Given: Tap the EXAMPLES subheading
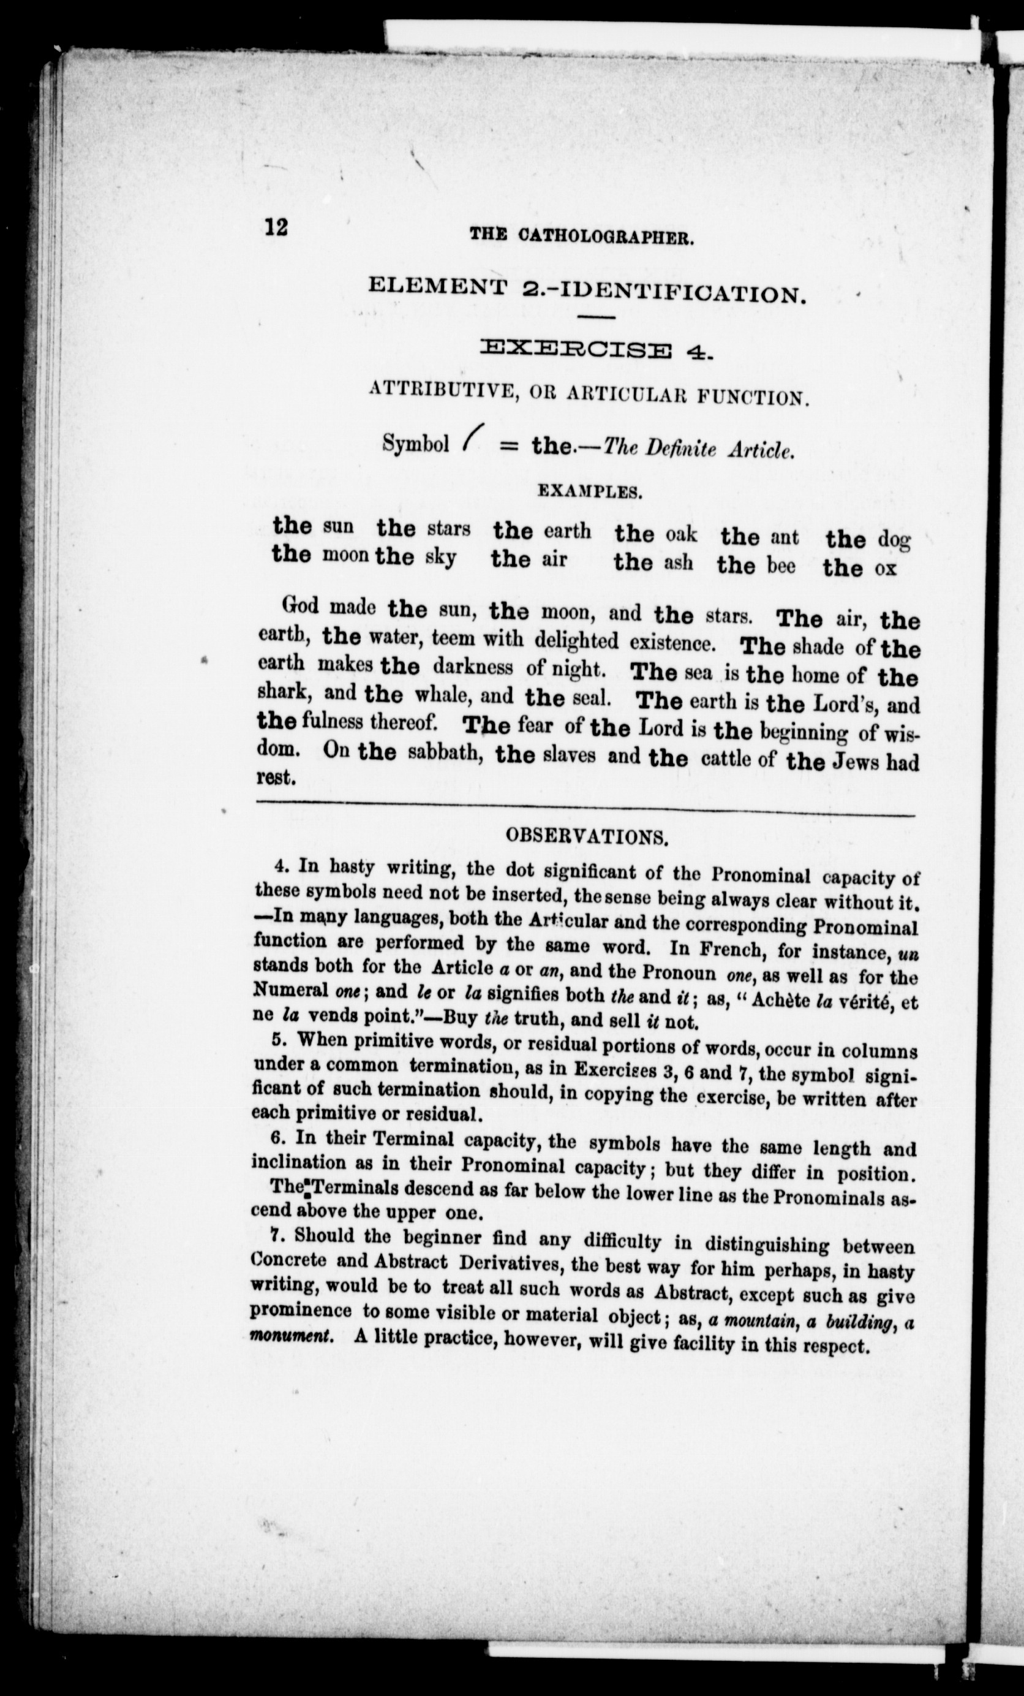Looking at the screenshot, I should [590, 491].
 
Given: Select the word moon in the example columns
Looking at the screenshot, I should [347, 555].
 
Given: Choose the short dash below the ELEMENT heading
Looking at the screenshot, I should [595, 317].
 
